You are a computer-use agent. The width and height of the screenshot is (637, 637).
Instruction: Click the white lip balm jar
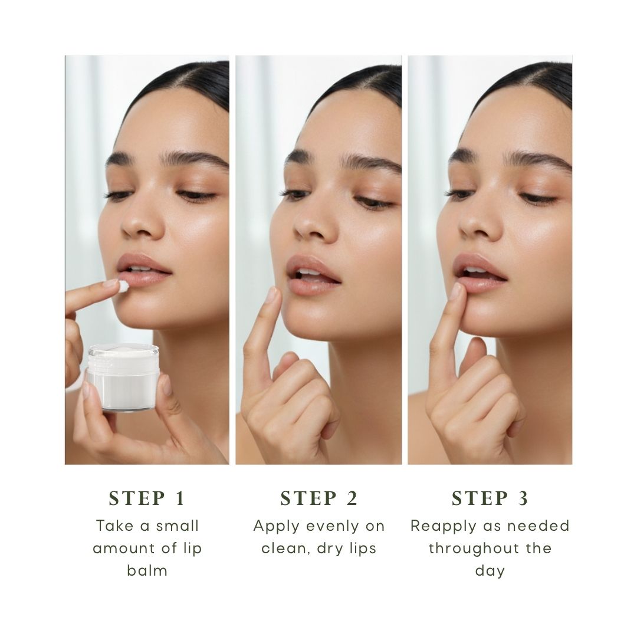[123, 377]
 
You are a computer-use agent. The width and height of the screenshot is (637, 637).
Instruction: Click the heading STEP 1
[147, 499]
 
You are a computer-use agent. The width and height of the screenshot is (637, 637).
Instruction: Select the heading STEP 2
[318, 499]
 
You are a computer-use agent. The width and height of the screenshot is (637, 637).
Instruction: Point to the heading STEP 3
[490, 499]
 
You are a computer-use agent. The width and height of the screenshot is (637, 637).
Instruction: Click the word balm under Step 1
[147, 570]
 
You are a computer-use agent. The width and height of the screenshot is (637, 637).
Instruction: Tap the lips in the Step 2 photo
[312, 274]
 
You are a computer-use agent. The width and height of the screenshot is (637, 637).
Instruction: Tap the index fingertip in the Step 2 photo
[271, 294]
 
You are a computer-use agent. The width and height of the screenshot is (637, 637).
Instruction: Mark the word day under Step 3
[490, 571]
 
